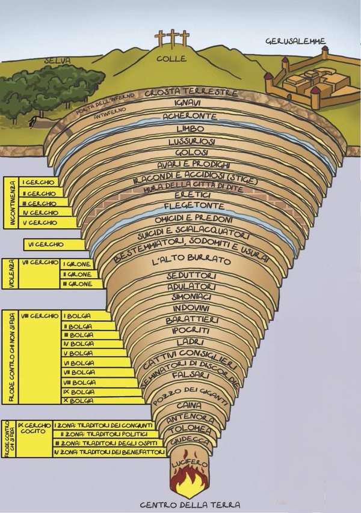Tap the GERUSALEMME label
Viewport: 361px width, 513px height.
[296, 41]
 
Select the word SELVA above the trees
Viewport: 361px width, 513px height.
[58, 61]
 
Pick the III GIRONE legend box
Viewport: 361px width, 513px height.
[78, 284]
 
